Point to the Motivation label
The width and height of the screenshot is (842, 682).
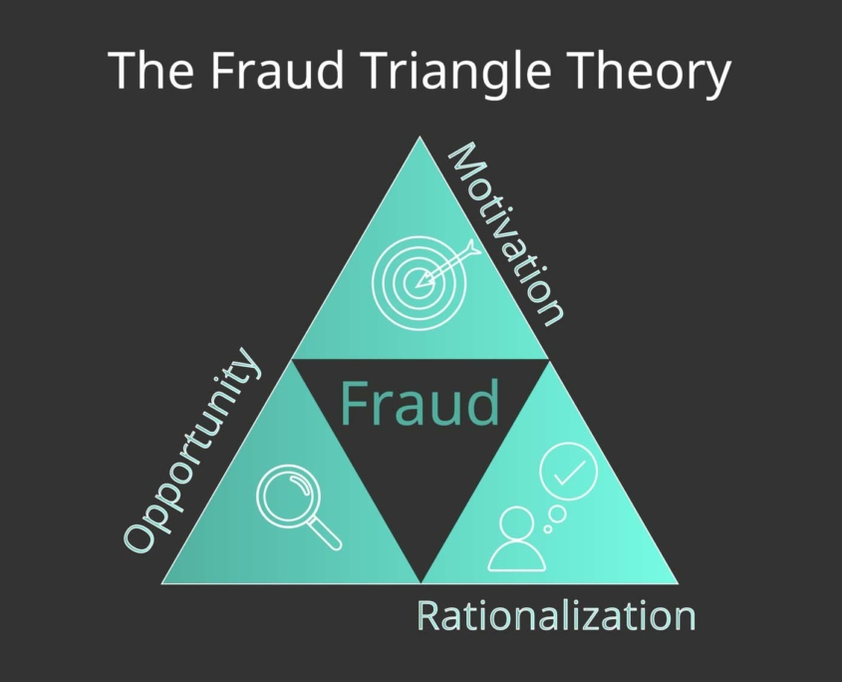pos(506,233)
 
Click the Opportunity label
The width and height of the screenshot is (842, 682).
pos(192,451)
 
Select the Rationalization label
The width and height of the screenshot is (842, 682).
pos(556,615)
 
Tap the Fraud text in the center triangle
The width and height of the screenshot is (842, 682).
pos(420,403)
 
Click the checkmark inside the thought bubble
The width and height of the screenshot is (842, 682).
pos(569,473)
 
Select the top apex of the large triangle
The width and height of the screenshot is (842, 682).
pos(421,137)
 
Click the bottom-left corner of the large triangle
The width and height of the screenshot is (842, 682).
pos(161,583)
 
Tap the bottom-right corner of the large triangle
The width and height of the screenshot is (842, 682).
pos(679,583)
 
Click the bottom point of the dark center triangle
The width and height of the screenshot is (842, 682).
pos(421,582)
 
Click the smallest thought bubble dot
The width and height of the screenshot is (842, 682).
pos(548,529)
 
